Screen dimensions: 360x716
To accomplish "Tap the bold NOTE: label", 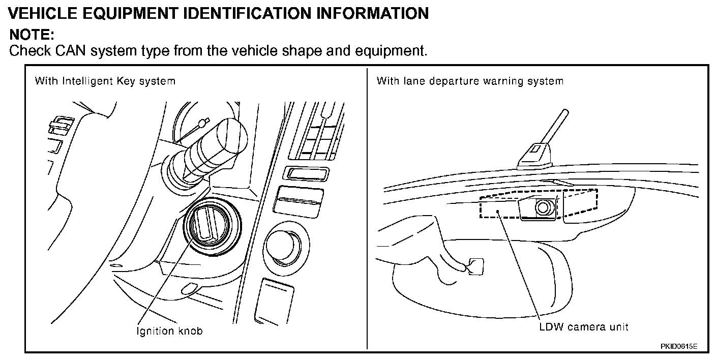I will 32,35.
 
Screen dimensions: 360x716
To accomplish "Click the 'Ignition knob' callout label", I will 170,331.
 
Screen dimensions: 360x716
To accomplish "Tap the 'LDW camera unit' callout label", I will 584,326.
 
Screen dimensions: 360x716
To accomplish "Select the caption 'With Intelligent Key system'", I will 105,81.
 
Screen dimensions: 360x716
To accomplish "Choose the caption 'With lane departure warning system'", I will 470,81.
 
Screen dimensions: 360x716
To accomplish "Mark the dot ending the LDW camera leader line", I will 500,212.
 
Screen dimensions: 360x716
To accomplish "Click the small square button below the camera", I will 475,266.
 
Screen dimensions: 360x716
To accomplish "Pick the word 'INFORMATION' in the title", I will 372,13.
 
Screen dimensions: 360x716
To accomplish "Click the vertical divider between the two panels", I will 367,208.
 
